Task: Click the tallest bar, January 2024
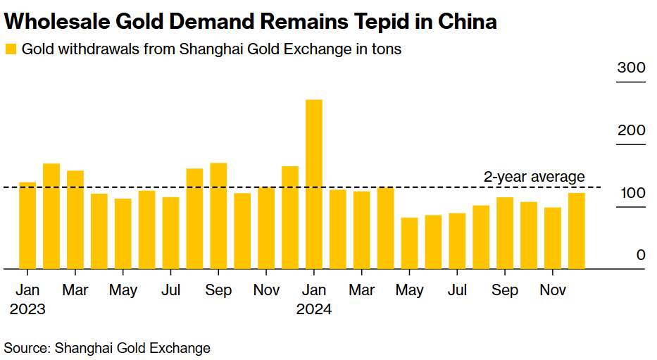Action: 314,185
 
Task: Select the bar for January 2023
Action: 27,225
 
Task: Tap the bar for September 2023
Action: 218,216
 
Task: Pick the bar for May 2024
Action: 409,243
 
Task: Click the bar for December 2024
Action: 577,231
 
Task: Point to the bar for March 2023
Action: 75,220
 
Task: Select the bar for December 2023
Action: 290,218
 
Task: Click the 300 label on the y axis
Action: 631,68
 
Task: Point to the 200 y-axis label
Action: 631,131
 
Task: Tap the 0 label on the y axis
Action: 641,255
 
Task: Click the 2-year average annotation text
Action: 534,177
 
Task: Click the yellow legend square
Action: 11,49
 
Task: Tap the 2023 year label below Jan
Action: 28,309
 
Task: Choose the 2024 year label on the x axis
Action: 314,309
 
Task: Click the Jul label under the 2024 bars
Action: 458,290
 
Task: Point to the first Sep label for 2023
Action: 218,290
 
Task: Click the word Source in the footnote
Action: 26,347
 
